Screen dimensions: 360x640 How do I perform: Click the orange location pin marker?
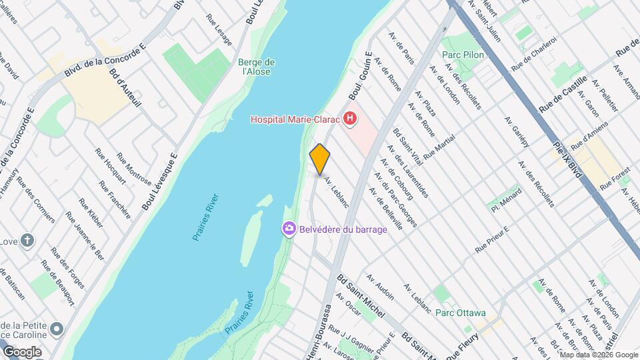(320, 159)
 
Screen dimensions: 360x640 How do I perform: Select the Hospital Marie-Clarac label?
(295, 120)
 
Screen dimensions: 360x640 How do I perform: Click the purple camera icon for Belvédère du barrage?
(289, 229)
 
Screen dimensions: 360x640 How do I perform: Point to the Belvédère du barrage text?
(343, 229)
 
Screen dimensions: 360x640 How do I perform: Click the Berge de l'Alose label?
(257, 67)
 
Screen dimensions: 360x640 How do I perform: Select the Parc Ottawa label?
(460, 312)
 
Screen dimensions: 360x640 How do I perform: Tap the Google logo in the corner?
(22, 351)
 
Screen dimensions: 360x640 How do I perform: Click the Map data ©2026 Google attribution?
(598, 355)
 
